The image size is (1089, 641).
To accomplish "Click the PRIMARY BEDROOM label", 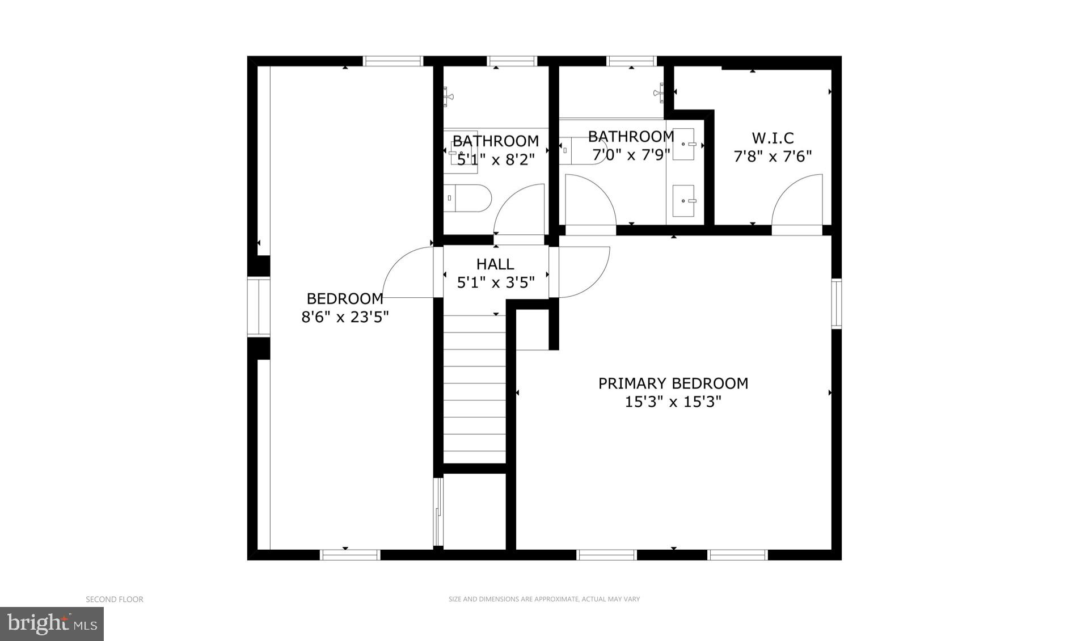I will [x=673, y=383].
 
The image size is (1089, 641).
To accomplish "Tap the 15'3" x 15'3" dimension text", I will [x=673, y=402].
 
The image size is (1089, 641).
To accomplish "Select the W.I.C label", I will [x=773, y=138].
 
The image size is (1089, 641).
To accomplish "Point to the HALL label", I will [x=495, y=264].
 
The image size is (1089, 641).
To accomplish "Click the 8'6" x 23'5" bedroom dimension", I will [x=345, y=317].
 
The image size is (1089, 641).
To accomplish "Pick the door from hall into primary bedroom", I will [x=583, y=272].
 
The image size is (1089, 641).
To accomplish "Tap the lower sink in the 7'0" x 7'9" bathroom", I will [x=683, y=200].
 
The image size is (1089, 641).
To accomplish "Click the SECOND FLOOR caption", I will [x=115, y=599].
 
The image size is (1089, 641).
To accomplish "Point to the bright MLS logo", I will [x=52, y=624].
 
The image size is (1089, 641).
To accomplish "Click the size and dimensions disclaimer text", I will [x=544, y=599].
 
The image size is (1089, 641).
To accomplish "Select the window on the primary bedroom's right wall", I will [x=836, y=303].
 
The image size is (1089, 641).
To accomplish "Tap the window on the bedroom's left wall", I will [x=258, y=307].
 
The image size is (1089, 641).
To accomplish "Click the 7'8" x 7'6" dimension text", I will [x=773, y=157].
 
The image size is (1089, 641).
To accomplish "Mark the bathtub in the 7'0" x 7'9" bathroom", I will [x=584, y=150].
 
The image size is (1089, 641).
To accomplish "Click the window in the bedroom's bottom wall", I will [x=350, y=555].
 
